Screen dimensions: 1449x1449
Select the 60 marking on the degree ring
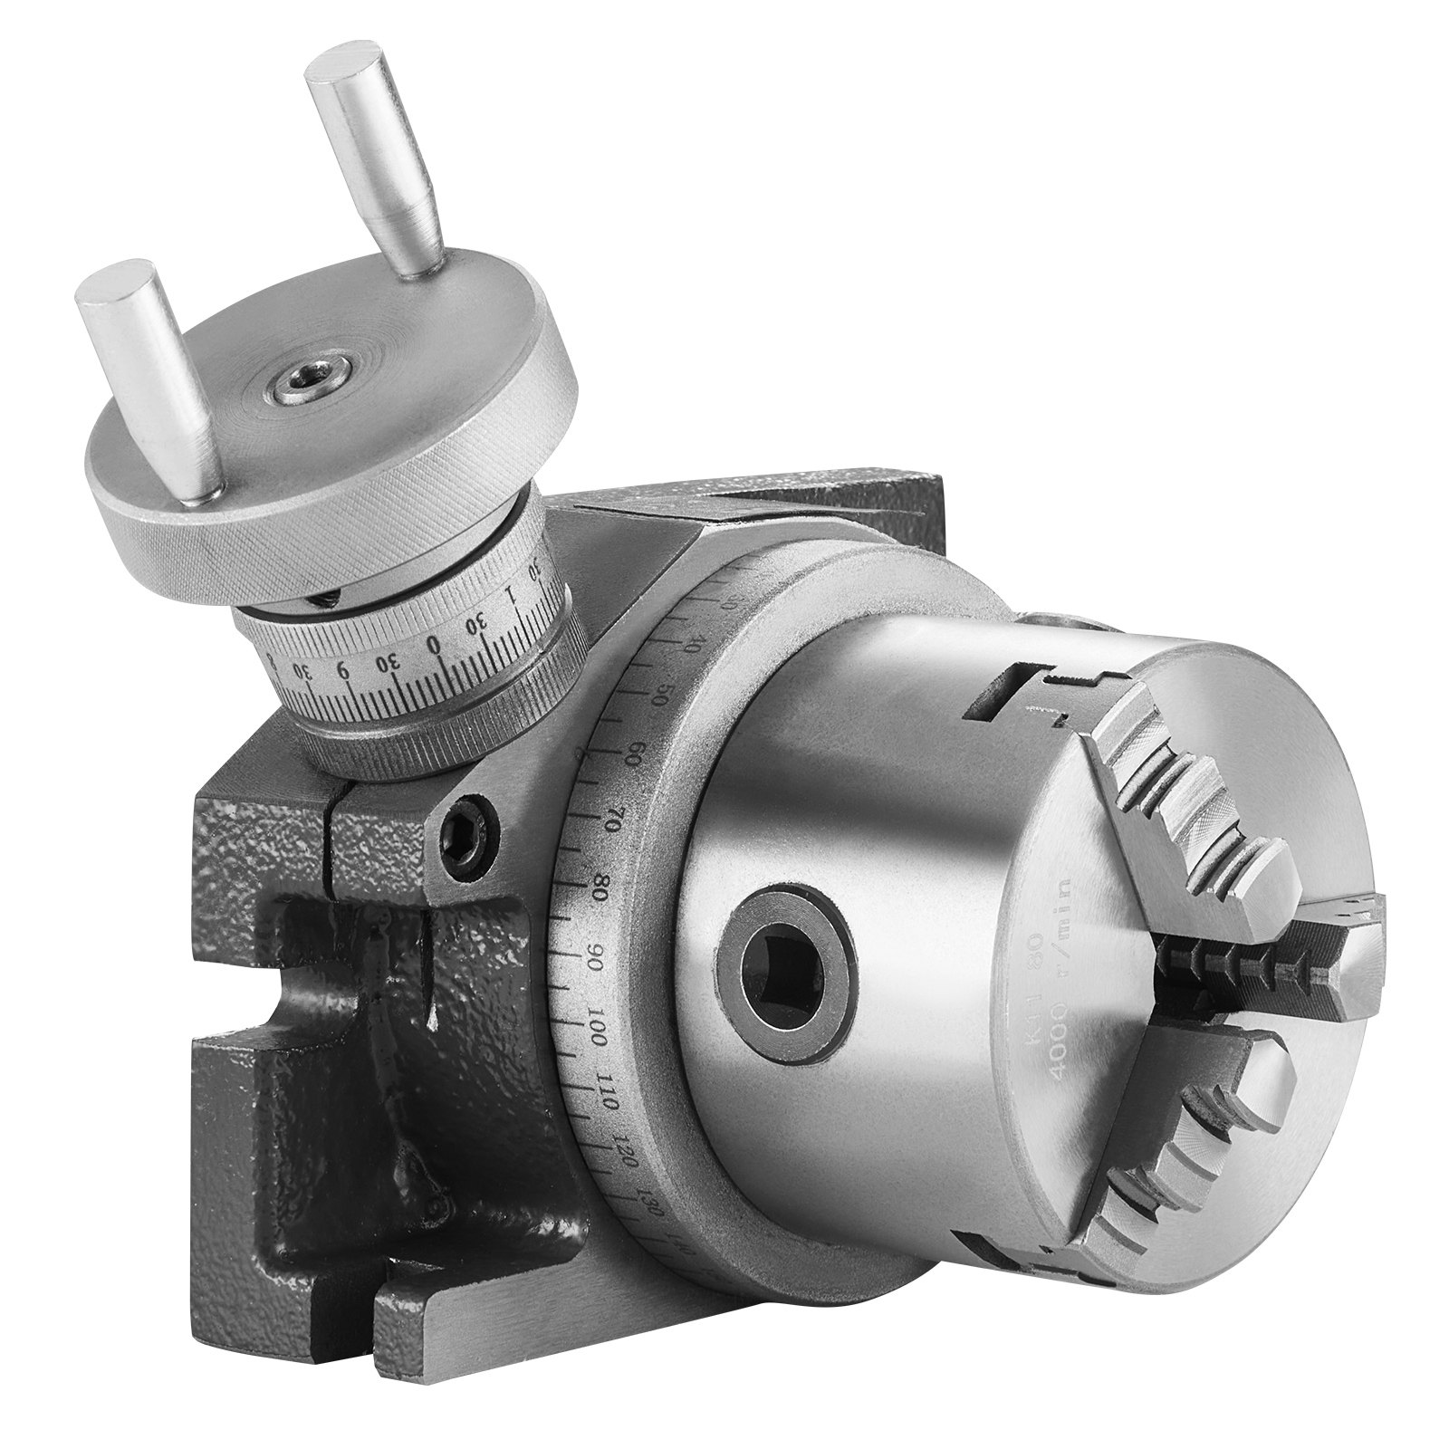(633, 753)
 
